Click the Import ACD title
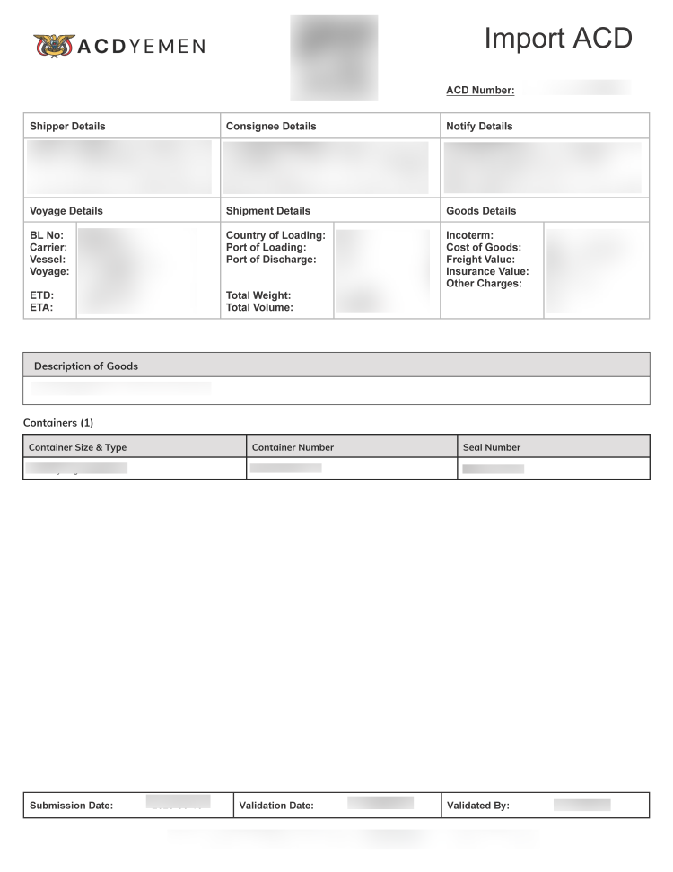pos(558,39)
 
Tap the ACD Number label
pos(480,90)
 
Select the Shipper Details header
pos(67,127)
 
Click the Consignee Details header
pos(271,127)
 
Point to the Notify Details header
pos(479,127)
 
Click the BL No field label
pos(47,236)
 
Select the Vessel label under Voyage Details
pos(48,260)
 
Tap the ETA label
pos(41,307)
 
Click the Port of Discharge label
pos(271,260)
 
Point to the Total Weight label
pos(258,295)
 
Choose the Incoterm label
pos(469,236)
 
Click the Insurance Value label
pos(487,271)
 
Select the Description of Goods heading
pos(86,366)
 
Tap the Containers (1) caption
pos(58,422)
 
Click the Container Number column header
pos(293,447)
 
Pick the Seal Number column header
pos(492,447)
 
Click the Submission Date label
pos(72,806)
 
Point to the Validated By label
pos(478,806)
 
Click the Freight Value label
pos(480,260)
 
